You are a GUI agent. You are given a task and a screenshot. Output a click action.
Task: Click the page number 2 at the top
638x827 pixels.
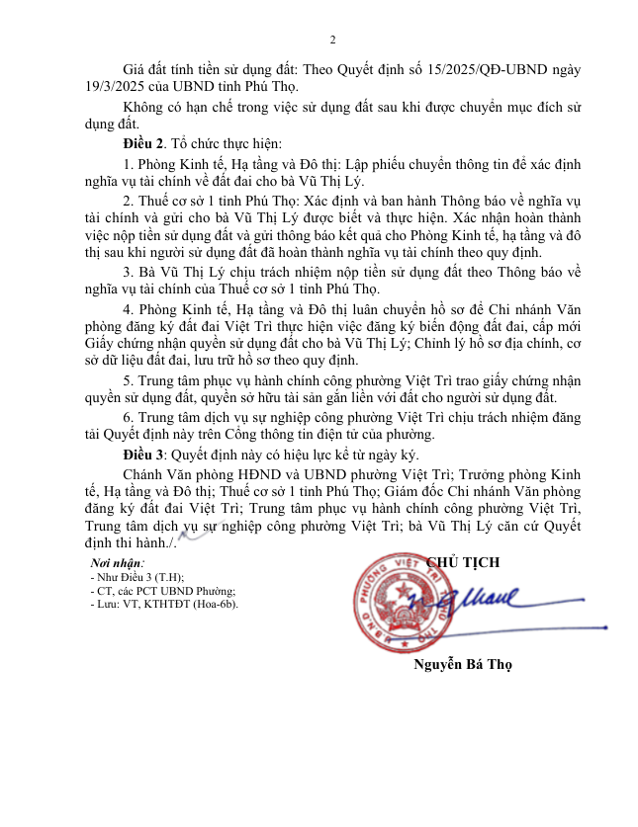tap(332, 40)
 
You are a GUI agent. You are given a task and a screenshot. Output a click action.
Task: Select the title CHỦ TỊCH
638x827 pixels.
tap(463, 562)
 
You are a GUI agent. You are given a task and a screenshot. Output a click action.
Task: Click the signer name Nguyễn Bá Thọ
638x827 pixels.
tap(463, 664)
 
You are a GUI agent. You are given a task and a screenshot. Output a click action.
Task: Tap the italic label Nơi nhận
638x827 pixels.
tap(117, 562)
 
